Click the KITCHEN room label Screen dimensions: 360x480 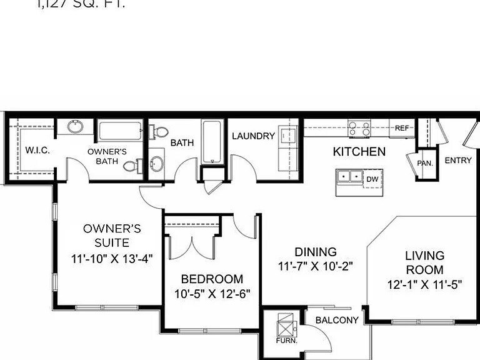(x=359, y=151)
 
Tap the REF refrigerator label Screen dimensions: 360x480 (x=402, y=128)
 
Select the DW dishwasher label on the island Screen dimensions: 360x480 (x=372, y=179)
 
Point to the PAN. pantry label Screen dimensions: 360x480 (x=425, y=163)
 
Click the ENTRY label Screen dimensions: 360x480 (x=457, y=161)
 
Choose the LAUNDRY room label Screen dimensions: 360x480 (x=253, y=136)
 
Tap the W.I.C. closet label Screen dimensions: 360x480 (x=37, y=151)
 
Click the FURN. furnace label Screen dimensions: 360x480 (x=286, y=341)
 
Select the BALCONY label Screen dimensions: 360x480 (x=337, y=320)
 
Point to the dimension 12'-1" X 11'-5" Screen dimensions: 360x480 (x=424, y=284)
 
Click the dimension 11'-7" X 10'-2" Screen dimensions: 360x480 (x=316, y=266)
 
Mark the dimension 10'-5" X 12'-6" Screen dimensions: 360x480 (x=212, y=294)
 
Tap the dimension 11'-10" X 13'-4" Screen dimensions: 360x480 (x=111, y=257)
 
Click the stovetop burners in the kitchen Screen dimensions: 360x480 (x=360, y=128)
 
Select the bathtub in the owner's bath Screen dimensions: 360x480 (x=120, y=131)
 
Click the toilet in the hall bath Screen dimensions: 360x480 (x=161, y=131)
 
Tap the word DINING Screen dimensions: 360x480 (x=316, y=252)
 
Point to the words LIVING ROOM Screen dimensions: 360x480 (x=424, y=262)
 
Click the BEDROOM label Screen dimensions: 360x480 (x=212, y=279)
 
